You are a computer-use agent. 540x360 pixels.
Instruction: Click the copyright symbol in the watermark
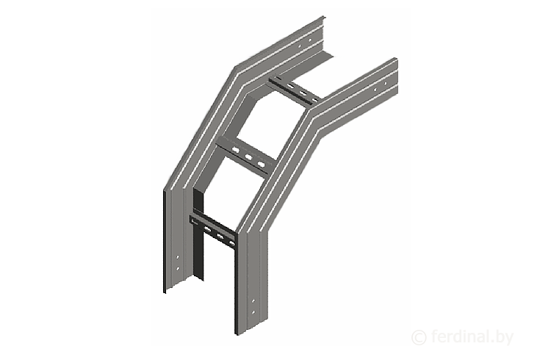pyautogui.click(x=419, y=337)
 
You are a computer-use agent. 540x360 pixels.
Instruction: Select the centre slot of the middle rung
pyautogui.click(x=248, y=157)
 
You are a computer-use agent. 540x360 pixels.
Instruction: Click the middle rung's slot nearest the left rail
pyautogui.click(x=236, y=150)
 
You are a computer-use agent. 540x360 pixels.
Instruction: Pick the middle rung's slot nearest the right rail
pyautogui.click(x=262, y=164)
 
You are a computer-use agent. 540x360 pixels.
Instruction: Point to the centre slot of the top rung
pyautogui.click(x=303, y=93)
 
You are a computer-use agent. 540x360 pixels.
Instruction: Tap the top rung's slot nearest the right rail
pyautogui.click(x=315, y=100)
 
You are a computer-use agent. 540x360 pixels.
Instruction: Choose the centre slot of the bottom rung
pyautogui.click(x=220, y=236)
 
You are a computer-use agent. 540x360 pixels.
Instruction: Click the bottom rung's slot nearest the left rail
pyautogui.click(x=208, y=228)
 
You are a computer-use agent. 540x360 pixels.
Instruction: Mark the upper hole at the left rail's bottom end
pyautogui.click(x=178, y=256)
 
